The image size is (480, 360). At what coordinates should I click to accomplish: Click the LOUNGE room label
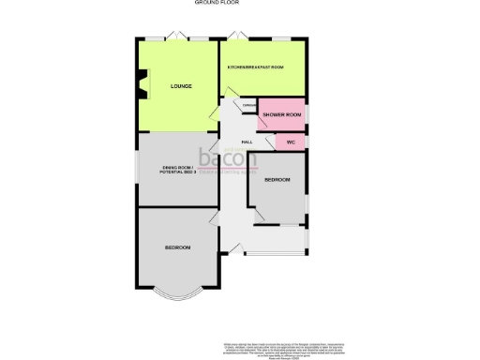[x=181, y=86]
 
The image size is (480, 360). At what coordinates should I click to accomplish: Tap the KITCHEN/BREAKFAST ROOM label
[x=256, y=67]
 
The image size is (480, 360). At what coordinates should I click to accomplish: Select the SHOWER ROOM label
[x=281, y=114]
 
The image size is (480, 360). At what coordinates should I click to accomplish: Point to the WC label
[x=291, y=142]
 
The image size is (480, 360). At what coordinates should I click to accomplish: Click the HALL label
[x=247, y=142]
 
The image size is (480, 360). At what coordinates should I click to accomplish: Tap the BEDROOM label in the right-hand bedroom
[x=277, y=179]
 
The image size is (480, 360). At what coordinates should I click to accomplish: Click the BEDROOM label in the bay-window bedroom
[x=178, y=247]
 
